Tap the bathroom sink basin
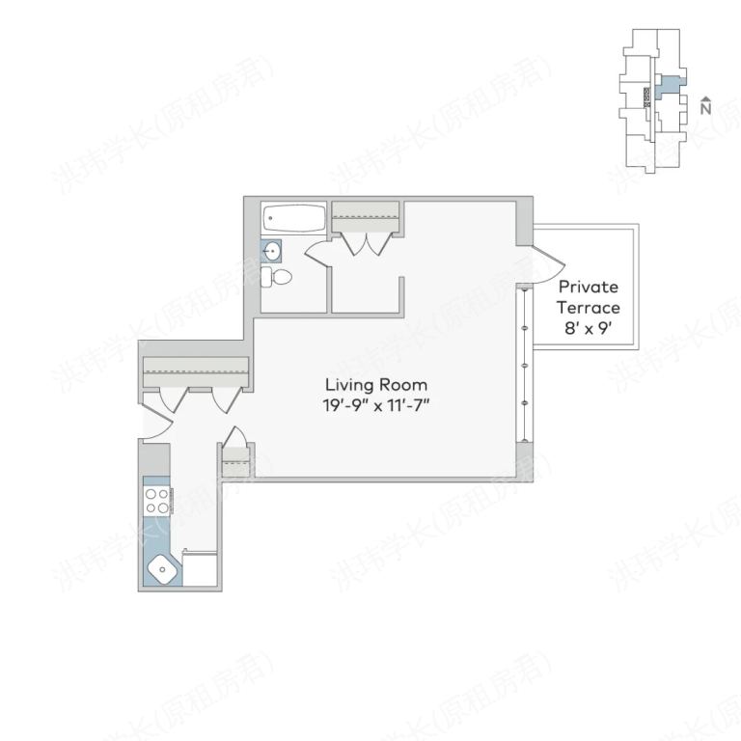(x=273, y=252)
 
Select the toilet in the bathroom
(x=278, y=278)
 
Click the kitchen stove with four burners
(x=157, y=500)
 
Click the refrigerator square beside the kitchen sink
(x=201, y=569)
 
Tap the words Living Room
(x=375, y=385)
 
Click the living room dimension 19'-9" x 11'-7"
(x=375, y=404)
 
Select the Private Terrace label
(x=589, y=297)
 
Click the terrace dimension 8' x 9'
(x=589, y=328)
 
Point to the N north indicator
(x=706, y=106)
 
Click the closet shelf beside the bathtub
(x=367, y=214)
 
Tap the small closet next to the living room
(x=235, y=458)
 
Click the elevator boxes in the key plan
(x=646, y=95)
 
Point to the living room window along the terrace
(x=524, y=366)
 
